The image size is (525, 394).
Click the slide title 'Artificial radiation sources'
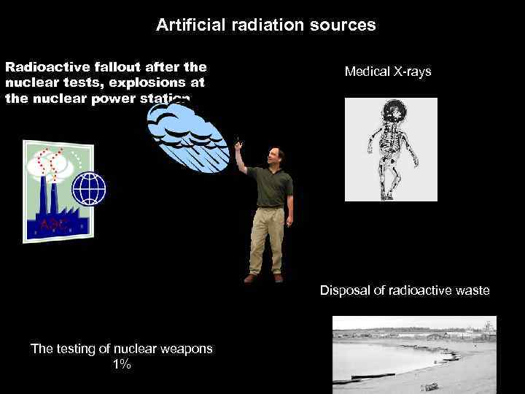265,26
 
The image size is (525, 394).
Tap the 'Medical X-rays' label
388,72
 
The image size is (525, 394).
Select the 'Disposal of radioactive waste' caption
405,291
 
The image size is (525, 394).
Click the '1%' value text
122,364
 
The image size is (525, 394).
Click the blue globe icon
88,188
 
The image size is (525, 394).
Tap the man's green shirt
271,186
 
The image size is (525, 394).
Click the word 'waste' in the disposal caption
472,291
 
